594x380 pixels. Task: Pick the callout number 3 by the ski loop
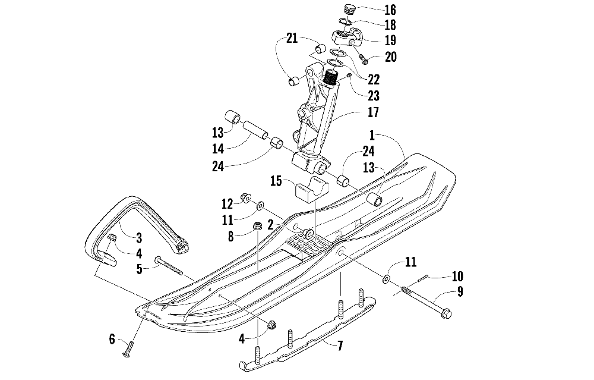coord(138,238)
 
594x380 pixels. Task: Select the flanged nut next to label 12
coord(244,196)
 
